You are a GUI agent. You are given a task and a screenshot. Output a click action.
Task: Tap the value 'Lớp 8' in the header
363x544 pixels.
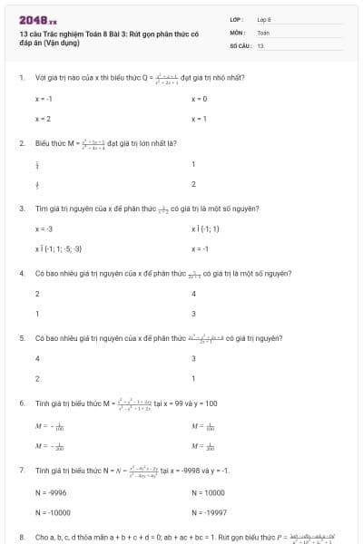(264, 19)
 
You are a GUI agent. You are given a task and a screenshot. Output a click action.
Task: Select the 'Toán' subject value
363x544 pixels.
(263, 32)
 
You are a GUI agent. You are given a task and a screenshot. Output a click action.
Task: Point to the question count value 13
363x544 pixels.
(260, 45)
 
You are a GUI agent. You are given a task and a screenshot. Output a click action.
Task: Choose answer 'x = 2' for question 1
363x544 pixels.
(43, 119)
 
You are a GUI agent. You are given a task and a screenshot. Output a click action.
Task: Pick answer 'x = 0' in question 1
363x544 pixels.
(199, 98)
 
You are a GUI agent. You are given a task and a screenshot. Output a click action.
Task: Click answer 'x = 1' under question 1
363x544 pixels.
(199, 119)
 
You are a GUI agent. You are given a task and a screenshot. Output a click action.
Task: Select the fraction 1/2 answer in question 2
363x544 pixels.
(37, 165)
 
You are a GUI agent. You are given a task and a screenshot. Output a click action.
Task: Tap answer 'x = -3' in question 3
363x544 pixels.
(44, 228)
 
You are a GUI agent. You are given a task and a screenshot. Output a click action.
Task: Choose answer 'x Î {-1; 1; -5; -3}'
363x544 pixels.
(59, 248)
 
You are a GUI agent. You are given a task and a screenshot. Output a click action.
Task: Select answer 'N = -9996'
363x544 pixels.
(49, 492)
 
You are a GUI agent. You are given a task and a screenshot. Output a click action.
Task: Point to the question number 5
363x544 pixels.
(21, 337)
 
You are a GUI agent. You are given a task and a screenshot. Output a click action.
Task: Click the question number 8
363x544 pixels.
(21, 537)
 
